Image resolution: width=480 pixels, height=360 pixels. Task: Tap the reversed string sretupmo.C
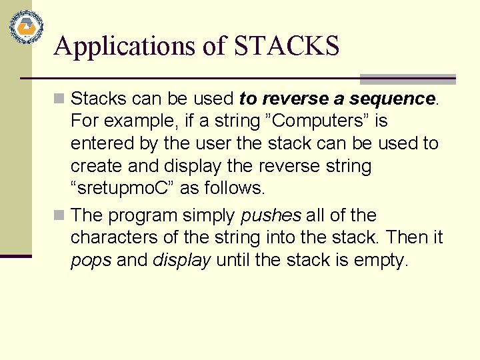(123, 188)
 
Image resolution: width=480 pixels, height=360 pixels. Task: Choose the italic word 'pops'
(91, 260)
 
